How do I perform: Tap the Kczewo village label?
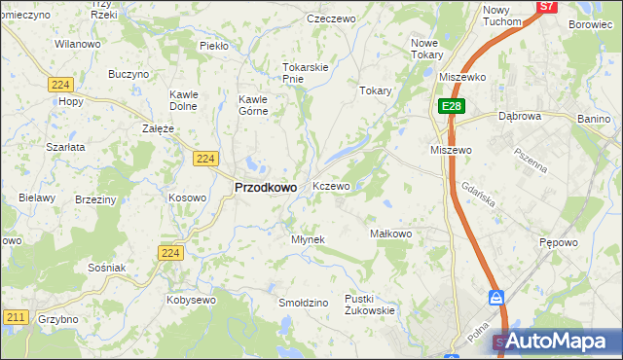coord(331,186)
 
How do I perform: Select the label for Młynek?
coord(308,239)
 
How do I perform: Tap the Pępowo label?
coord(559,242)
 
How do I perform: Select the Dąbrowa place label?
coord(519,116)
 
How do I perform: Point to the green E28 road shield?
coord(451,106)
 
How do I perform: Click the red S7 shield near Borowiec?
coord(547,6)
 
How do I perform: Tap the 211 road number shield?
coord(15,317)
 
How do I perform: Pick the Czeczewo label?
coord(328,18)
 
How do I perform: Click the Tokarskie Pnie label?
coord(307,73)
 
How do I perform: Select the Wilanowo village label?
coord(78,45)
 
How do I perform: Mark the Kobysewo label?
coord(191,300)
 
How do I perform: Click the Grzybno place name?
coord(58,319)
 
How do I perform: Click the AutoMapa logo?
coord(556,341)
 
